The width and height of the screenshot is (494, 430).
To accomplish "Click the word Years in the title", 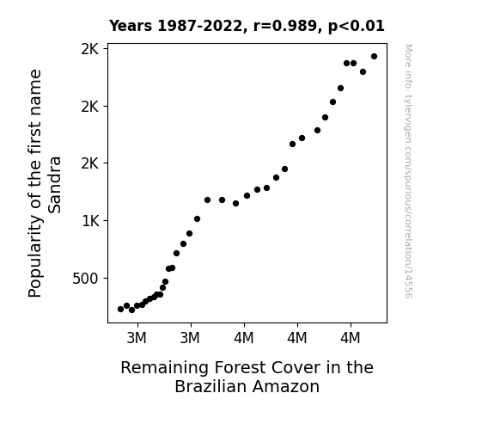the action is pyautogui.click(x=131, y=26).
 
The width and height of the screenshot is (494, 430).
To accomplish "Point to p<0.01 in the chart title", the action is pyautogui.click(x=357, y=26).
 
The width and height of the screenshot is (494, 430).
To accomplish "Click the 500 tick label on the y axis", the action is pyautogui.click(x=85, y=279).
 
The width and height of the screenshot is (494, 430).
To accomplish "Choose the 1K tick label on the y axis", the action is pyautogui.click(x=90, y=221).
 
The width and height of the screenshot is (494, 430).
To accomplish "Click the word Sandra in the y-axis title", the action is pyautogui.click(x=54, y=185).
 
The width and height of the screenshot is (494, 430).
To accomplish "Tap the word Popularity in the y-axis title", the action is pyautogui.click(x=34, y=256).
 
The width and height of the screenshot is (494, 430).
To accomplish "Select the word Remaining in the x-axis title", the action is pyautogui.click(x=164, y=368).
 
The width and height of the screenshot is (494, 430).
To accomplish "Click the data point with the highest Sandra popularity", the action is pyautogui.click(x=374, y=57).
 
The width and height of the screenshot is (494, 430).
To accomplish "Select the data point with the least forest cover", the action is pyautogui.click(x=120, y=310).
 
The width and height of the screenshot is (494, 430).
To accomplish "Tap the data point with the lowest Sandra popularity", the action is pyautogui.click(x=132, y=310).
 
